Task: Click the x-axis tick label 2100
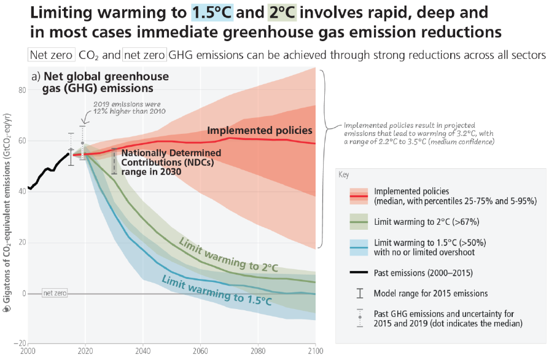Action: tap(315, 351)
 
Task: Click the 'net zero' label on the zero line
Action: tap(53, 294)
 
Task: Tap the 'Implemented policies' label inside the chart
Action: tap(260, 130)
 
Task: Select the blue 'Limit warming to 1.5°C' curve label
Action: tap(216, 291)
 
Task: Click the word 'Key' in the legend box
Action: tap(345, 174)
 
